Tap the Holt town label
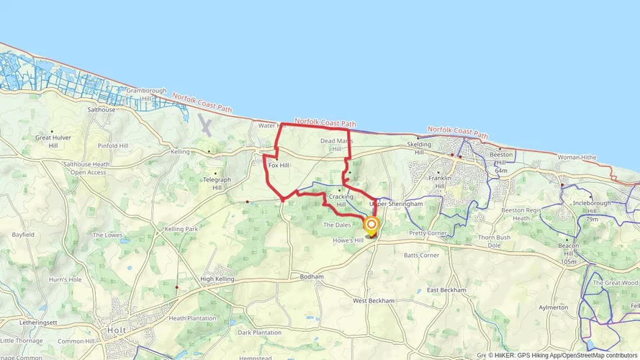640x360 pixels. [x=116, y=330]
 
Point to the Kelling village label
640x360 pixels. [x=180, y=152]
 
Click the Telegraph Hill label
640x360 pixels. [x=216, y=184]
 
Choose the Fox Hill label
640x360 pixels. [x=278, y=165]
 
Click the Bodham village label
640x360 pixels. [x=312, y=276]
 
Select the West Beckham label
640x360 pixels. [x=374, y=300]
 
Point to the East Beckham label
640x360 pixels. [x=443, y=290]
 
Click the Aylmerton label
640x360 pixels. [x=554, y=307]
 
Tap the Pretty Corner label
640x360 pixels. [x=428, y=233]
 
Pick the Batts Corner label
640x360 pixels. [x=421, y=255]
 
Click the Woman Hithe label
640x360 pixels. [x=577, y=157]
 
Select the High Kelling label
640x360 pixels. [x=217, y=279]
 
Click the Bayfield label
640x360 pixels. [x=23, y=235]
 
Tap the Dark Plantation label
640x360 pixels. [x=260, y=333]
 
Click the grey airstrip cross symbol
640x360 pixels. [x=206, y=127]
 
